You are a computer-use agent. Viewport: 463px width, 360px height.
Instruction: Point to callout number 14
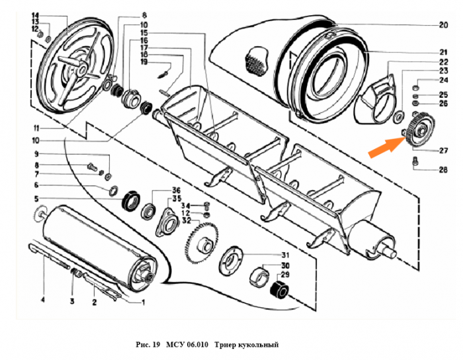[36, 14]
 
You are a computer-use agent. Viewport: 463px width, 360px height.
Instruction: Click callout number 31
[286, 255]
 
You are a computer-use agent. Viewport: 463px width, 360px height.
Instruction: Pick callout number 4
[42, 300]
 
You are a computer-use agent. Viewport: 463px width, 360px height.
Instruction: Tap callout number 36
[177, 190]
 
